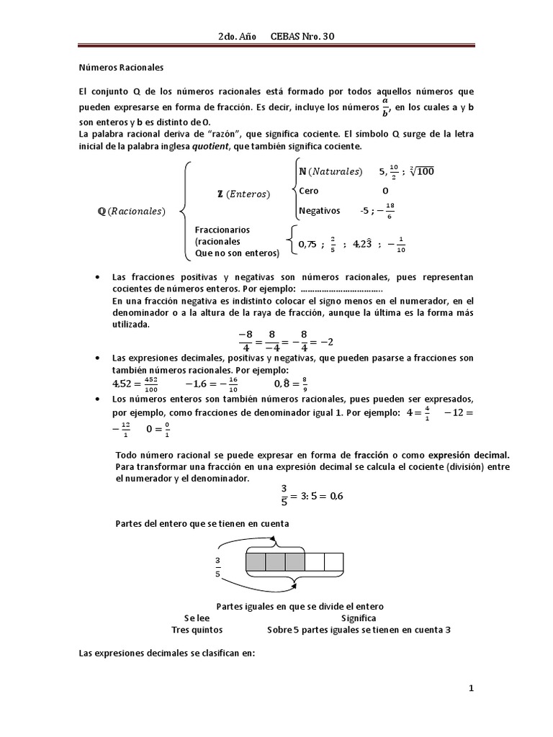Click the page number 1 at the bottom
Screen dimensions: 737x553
[x=472, y=689]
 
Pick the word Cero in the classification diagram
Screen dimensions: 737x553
[x=309, y=191]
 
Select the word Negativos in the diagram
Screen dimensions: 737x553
[x=319, y=211]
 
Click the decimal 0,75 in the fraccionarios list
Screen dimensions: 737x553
[x=307, y=244]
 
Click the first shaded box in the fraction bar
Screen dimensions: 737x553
[x=256, y=561]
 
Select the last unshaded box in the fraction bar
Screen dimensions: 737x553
[x=333, y=561]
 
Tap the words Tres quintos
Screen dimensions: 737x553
[x=197, y=629]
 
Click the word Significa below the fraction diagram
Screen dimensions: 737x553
[x=359, y=618]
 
